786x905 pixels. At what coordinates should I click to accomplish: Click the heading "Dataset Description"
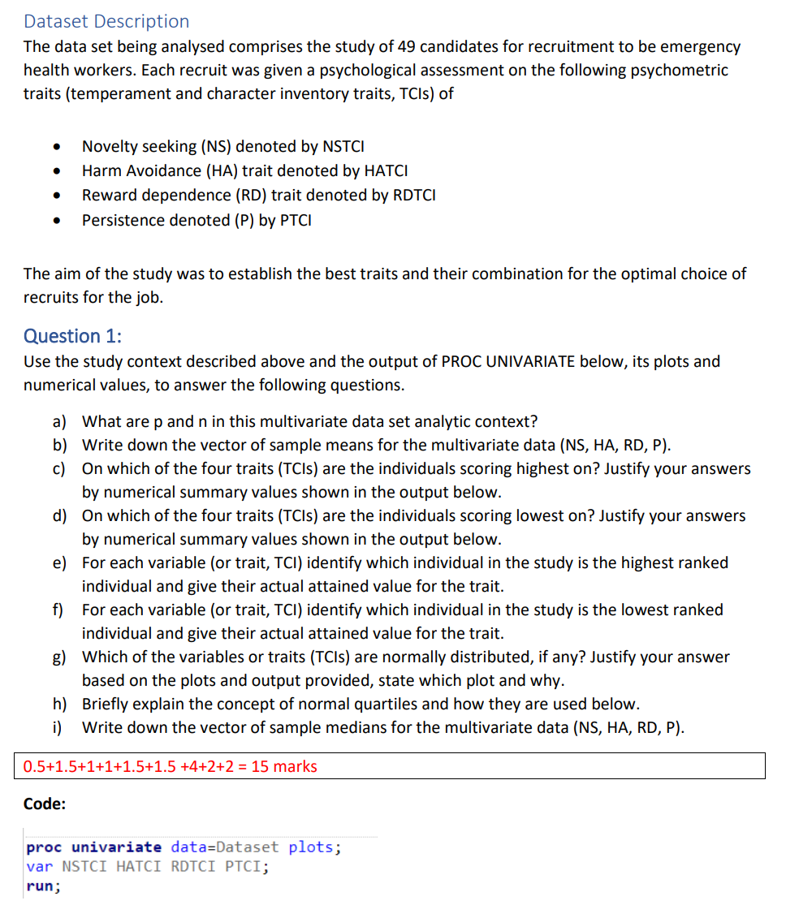point(106,22)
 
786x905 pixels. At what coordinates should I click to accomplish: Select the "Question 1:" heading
point(73,336)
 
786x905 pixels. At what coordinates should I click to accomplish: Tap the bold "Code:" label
point(45,804)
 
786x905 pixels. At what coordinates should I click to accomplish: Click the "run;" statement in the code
point(43,886)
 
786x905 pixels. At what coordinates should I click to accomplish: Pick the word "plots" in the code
point(312,847)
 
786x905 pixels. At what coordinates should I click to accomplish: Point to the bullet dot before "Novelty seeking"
point(54,148)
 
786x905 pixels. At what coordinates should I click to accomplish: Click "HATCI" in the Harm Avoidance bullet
point(386,170)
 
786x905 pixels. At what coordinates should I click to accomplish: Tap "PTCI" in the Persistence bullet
point(296,220)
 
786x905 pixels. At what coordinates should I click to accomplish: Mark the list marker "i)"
point(58,727)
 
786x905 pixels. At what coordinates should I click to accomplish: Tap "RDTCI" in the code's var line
point(193,867)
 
